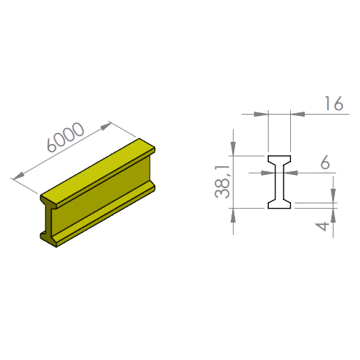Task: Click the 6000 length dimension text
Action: pos(65,137)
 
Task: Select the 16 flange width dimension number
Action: pos(334,104)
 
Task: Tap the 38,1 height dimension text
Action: pos(223,181)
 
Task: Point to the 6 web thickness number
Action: pos(325,162)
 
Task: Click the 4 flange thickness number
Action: pos(322,226)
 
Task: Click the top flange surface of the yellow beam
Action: pos(98,173)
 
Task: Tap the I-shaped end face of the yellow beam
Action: pos(48,220)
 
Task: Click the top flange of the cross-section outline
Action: pos(279,159)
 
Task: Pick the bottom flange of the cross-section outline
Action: pos(279,205)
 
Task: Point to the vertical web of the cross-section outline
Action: pos(279,181)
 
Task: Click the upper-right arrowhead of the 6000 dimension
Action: pos(106,126)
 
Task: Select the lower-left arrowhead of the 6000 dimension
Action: pos(18,176)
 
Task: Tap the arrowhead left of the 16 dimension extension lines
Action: pos(261,114)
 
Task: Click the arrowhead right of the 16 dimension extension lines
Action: pos(298,114)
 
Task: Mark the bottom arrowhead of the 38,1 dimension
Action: pos(233,216)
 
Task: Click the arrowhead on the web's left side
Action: pos(268,173)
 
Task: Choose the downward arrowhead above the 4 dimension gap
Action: pos(333,195)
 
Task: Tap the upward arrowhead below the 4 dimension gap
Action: pos(333,216)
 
